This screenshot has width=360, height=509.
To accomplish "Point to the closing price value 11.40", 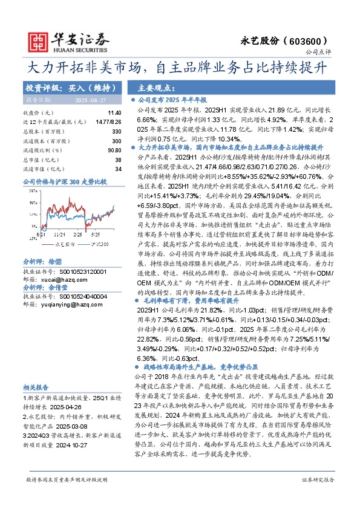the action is (x=114, y=113).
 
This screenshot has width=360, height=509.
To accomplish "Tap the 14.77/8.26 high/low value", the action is (x=110, y=122).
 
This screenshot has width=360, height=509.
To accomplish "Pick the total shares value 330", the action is (x=117, y=131).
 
